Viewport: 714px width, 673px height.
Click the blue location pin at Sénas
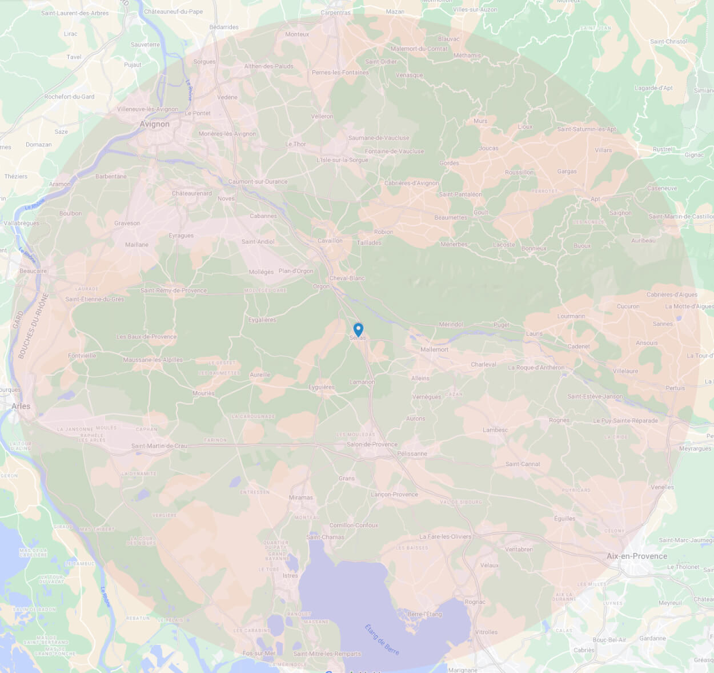[x=358, y=329]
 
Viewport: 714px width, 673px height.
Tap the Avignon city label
[x=154, y=124]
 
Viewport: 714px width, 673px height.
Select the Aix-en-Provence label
[x=636, y=556]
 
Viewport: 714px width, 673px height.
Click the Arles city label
[x=21, y=406]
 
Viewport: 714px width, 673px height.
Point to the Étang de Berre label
[x=382, y=639]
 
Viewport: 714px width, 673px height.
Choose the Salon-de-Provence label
[x=372, y=444]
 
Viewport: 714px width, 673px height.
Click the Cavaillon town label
[x=330, y=241]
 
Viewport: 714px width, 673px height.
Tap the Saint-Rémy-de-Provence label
[x=174, y=290]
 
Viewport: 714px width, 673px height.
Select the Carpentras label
[x=336, y=13]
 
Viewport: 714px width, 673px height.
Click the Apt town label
[x=595, y=199]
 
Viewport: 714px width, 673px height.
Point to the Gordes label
[x=449, y=163]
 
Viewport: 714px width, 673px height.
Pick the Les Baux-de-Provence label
[x=147, y=337]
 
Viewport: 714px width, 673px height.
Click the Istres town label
[x=290, y=576]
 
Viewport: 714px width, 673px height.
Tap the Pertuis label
[x=675, y=388]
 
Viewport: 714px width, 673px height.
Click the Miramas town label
[x=300, y=497]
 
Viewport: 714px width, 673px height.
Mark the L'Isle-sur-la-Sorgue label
[x=342, y=160]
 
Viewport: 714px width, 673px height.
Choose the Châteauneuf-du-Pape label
[x=173, y=11]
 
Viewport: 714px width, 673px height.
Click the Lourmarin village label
[x=571, y=316]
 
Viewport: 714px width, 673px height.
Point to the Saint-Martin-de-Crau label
[x=159, y=446]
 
